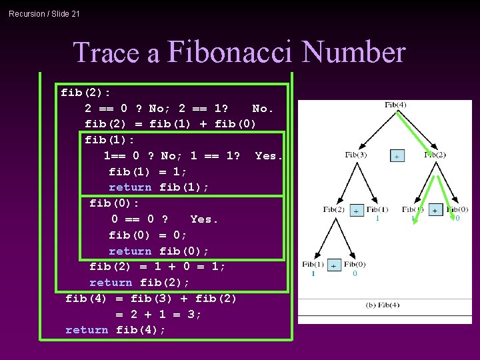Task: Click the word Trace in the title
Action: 116,53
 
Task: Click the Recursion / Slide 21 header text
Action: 44,13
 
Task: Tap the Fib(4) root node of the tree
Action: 395,105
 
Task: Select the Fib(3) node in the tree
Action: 355,155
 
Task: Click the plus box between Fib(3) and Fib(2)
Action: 397,155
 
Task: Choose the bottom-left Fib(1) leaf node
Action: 313,265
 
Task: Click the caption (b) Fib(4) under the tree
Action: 383,305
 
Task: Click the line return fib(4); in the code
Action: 115,330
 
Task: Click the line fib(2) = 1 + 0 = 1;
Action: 157,267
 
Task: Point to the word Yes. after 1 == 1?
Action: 269,155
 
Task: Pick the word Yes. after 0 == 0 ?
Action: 204,219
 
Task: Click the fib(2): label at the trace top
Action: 85,92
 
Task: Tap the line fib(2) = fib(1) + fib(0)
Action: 170,124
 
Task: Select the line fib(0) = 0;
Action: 148,235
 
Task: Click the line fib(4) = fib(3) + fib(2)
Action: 151,298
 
